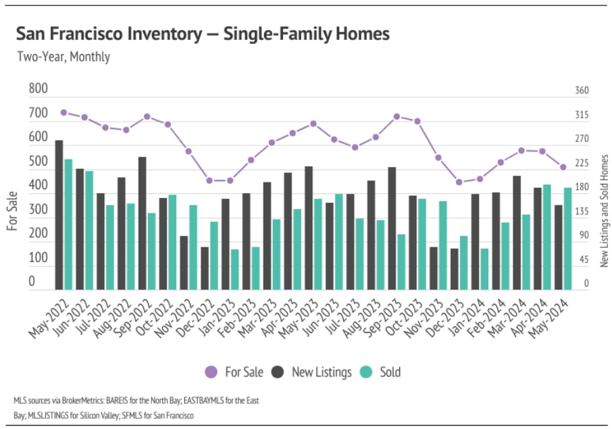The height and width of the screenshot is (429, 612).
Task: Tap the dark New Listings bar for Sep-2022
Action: pos(143,223)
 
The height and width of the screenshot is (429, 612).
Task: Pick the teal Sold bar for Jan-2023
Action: pos(234,269)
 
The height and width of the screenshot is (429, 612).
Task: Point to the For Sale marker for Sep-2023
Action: pos(397,117)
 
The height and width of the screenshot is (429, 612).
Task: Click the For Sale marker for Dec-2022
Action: pos(209,180)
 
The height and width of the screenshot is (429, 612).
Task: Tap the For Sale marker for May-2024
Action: pos(563,168)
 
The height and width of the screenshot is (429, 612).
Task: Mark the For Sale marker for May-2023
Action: pos(313,124)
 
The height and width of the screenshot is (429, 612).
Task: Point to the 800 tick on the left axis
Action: pos(39,89)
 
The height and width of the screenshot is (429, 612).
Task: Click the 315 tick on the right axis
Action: pos(582,116)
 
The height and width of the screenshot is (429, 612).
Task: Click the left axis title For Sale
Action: pos(13,211)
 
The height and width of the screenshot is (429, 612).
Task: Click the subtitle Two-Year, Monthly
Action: pos(63,57)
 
